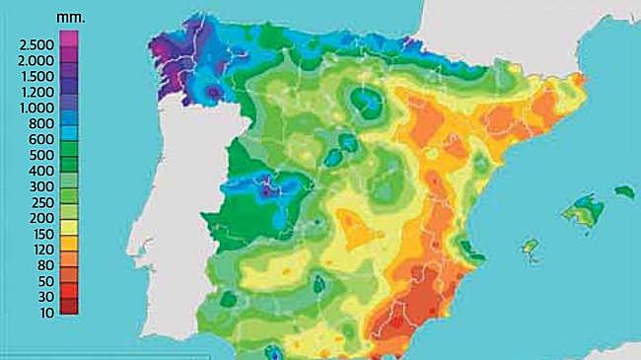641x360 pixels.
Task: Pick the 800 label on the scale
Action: click(42, 123)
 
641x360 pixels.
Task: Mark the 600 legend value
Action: click(42, 139)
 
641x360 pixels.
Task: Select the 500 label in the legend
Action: click(42, 155)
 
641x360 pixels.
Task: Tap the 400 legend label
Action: click(42, 171)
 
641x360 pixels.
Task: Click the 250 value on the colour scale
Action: click(42, 201)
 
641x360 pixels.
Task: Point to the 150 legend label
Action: click(42, 233)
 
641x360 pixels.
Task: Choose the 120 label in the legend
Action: click(42, 249)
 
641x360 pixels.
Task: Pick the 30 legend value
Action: click(45, 296)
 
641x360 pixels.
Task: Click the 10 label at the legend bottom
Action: click(45, 312)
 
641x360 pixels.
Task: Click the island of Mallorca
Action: click(583, 209)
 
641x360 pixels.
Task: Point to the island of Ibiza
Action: click(531, 245)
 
